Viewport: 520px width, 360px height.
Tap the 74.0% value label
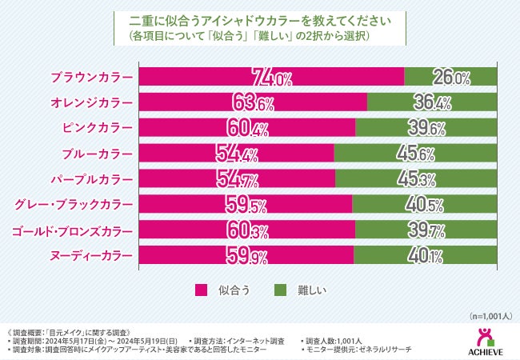pos(273,78)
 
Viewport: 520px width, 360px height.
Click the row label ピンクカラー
pos(97,128)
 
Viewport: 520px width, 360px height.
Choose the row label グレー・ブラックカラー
pos(74,204)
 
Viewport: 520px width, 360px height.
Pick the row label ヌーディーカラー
pos(90,255)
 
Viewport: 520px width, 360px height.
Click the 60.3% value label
pos(249,230)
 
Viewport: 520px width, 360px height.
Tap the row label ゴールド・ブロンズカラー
pos(73,230)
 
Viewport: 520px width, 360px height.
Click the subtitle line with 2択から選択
pos(260,37)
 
